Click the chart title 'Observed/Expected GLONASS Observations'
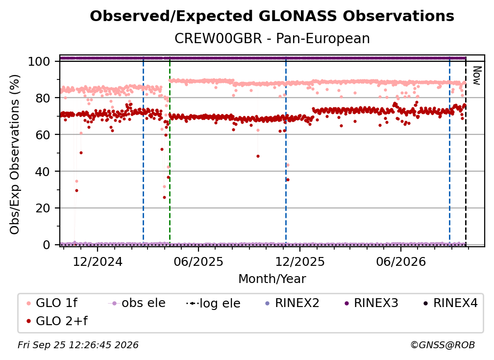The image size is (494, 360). tap(272, 16)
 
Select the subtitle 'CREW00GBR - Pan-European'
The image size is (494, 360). tap(272, 38)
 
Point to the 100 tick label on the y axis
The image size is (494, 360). tap(39, 61)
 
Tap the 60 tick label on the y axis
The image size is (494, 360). tap(43, 135)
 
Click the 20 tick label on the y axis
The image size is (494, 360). tap(43, 208)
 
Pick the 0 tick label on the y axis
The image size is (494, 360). tap(47, 245)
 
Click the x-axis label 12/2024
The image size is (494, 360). tap(98, 262)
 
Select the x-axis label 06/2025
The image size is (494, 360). tap(198, 262)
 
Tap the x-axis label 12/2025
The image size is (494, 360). tap(300, 262)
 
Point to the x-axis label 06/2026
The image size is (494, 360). tap(401, 262)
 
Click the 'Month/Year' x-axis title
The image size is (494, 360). tap(272, 279)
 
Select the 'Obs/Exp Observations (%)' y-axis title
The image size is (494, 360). tap(15, 154)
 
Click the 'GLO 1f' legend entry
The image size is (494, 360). tap(52, 303)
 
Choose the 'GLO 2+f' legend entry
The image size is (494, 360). tap(57, 321)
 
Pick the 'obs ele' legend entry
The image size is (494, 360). tap(137, 303)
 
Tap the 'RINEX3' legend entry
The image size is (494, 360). tap(371, 303)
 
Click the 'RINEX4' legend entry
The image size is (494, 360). tap(451, 303)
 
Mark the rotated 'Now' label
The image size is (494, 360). tap(477, 76)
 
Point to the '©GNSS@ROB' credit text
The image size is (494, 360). tap(443, 345)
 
